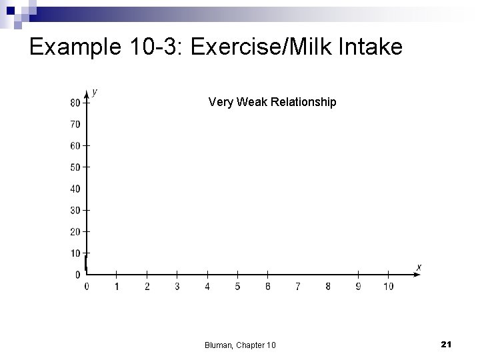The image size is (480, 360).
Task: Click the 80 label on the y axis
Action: coord(75,103)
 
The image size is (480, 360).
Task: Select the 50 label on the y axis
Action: coord(75,167)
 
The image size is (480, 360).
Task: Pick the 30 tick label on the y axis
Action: coord(75,211)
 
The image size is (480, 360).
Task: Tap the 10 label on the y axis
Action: coord(75,253)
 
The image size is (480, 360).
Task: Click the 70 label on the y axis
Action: coord(75,124)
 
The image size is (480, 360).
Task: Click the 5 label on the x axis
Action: coord(237,287)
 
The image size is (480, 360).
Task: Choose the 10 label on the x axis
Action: coord(389,287)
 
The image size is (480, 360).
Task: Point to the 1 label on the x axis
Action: coord(117,287)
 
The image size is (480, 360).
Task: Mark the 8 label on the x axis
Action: coord(328,287)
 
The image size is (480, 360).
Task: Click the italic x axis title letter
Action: coord(419,267)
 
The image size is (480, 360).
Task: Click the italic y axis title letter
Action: coord(95,92)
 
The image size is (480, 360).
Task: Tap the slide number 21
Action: coord(447,343)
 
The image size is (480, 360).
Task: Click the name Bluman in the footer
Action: coord(219,345)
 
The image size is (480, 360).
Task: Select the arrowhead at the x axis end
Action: coord(410,273)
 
